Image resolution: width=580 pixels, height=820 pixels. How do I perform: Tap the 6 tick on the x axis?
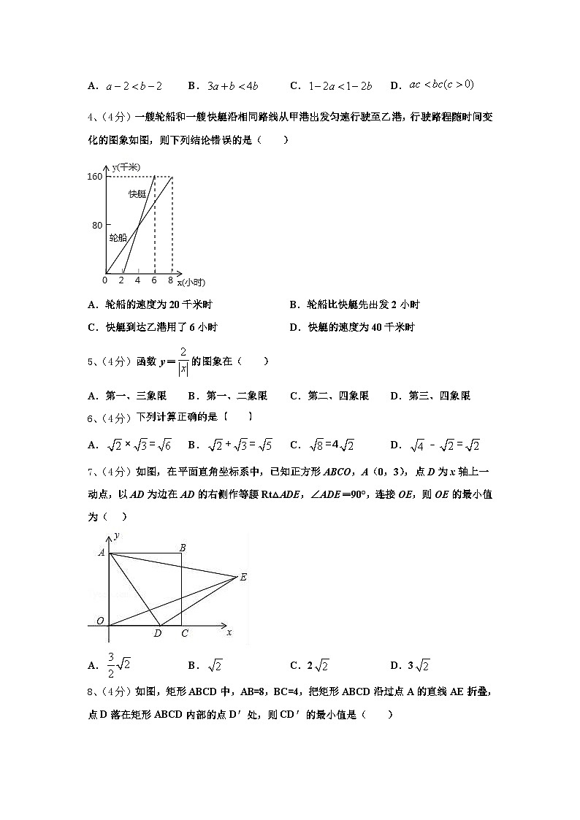[154, 280]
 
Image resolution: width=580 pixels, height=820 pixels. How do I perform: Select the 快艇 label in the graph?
[137, 193]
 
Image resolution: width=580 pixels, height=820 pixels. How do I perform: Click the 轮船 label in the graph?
[118, 237]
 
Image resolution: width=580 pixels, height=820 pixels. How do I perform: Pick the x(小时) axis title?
[191, 283]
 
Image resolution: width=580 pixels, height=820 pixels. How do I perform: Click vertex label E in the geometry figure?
[243, 577]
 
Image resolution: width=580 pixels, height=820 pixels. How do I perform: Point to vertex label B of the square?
[182, 548]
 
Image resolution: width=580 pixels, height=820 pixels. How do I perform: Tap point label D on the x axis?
[157, 634]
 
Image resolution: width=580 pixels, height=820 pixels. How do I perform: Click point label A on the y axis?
[102, 553]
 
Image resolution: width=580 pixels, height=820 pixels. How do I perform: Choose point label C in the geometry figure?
[184, 634]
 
